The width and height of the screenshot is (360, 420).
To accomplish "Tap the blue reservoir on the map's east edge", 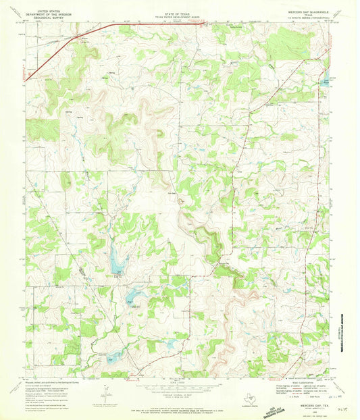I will pos(326,79).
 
